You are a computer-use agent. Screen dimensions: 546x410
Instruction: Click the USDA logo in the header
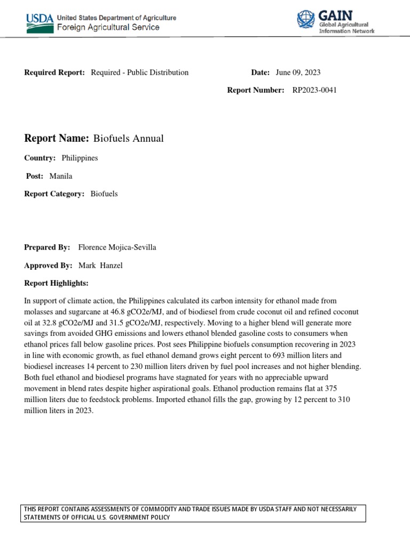coord(40,21)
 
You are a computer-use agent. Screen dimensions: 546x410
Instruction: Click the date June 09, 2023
coord(298,73)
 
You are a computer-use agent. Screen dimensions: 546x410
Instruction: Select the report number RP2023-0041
coord(314,90)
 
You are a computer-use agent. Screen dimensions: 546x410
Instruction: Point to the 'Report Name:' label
coord(56,139)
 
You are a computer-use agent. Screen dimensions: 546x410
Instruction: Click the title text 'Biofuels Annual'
coord(129,139)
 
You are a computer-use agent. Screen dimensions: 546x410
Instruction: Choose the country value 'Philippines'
coord(80,158)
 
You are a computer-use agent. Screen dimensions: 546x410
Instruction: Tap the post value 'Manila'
coord(60,176)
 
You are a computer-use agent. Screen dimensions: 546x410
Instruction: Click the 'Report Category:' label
coord(54,194)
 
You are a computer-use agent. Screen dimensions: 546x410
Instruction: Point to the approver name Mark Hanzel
coord(100,266)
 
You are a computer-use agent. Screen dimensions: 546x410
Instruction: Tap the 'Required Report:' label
coord(54,73)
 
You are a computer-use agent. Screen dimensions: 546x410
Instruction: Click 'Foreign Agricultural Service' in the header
coord(108,27)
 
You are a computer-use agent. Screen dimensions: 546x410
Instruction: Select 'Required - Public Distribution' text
coord(139,73)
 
